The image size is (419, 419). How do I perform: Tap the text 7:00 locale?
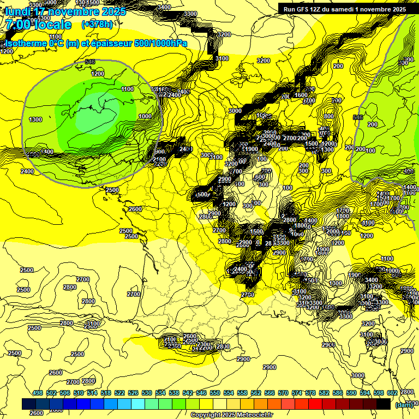[38, 25]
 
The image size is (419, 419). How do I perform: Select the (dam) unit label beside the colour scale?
[403, 404]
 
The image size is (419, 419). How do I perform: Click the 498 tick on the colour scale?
[38, 393]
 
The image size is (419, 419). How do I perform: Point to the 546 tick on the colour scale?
[201, 393]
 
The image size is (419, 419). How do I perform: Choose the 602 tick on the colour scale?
[392, 393]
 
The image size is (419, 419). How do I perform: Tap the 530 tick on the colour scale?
[147, 393]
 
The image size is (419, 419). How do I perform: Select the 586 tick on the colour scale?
[337, 393]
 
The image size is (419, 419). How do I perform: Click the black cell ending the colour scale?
[384, 404]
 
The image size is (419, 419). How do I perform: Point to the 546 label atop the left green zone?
[90, 62]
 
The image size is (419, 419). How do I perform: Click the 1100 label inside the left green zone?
[128, 89]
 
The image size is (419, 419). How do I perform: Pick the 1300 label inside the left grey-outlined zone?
[35, 119]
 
